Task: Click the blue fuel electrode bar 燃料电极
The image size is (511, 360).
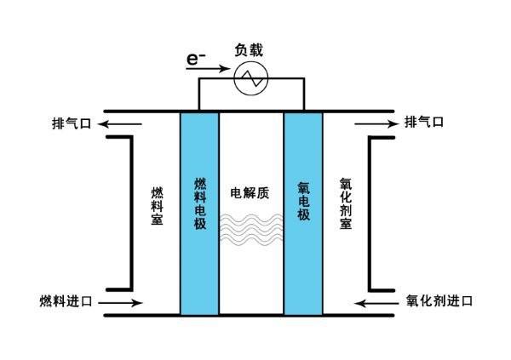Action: click(x=199, y=213)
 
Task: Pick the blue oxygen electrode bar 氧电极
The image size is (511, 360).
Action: click(x=303, y=213)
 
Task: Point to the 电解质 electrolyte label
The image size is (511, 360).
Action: click(x=250, y=191)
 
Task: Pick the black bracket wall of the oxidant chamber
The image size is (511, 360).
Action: click(x=370, y=213)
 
